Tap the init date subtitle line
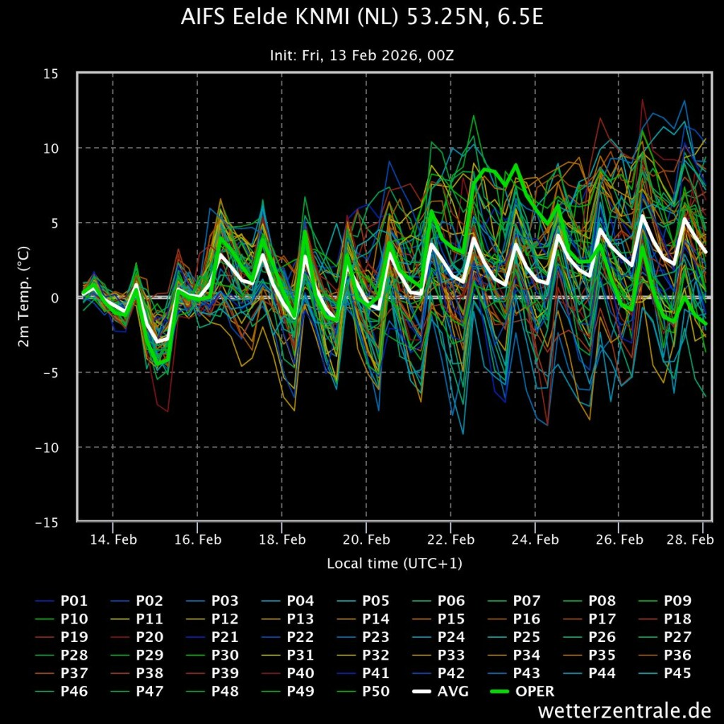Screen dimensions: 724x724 (x=362, y=55)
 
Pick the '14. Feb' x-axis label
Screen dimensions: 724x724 (x=113, y=539)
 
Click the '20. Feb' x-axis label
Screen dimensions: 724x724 (x=366, y=539)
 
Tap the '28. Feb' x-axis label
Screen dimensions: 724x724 (x=689, y=539)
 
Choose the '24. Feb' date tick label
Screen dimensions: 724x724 (x=535, y=539)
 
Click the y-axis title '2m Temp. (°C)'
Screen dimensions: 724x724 (x=23, y=298)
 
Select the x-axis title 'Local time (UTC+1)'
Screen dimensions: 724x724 (x=395, y=564)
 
